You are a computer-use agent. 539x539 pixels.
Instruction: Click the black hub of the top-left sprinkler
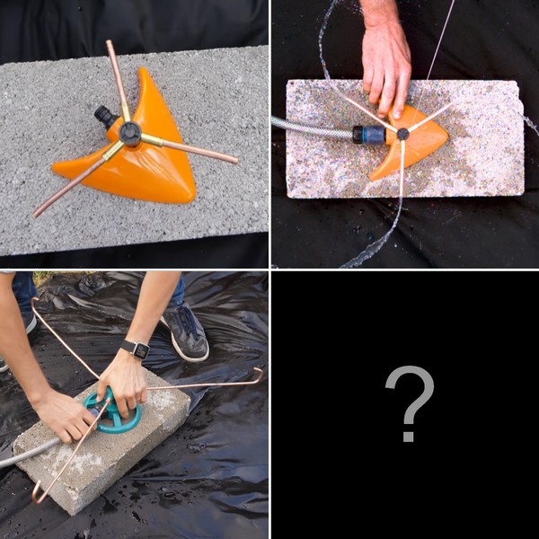pos(130,134)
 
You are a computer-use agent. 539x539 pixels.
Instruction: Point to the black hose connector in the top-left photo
pos(105,116)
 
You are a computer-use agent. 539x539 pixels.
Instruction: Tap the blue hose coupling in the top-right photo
pos(369,135)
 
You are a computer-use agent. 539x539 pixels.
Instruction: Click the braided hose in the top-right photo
pos(312,128)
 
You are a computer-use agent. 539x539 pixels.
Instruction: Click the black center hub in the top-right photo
pos(402,134)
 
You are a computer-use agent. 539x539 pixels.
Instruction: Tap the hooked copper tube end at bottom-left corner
pos(37,493)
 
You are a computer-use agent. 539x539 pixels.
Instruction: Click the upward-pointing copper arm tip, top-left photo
pos(109,42)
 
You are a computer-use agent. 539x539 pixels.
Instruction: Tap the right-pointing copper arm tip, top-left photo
pos(235,160)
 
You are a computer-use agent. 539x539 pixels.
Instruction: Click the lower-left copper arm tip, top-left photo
pos(35,215)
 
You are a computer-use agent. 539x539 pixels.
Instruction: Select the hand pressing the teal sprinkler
pos(124,386)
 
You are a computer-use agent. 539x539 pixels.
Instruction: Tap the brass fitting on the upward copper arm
pos(125,111)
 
